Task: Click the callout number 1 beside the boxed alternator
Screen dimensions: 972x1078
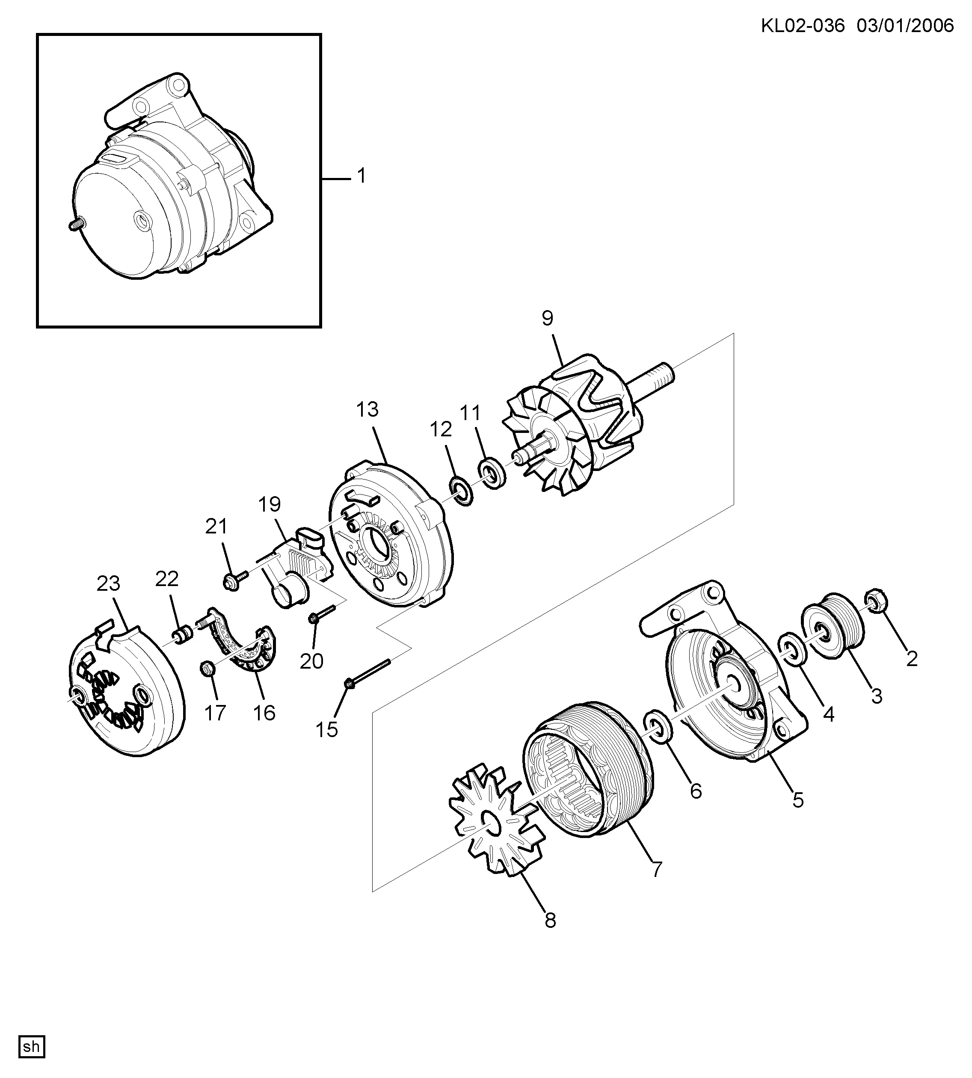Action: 362,176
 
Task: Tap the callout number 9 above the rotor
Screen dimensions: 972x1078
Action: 548,318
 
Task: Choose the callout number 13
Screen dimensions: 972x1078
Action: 367,409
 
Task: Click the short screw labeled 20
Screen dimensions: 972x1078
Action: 321,613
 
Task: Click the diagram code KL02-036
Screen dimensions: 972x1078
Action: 803,26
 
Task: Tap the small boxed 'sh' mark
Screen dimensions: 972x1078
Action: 32,1046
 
